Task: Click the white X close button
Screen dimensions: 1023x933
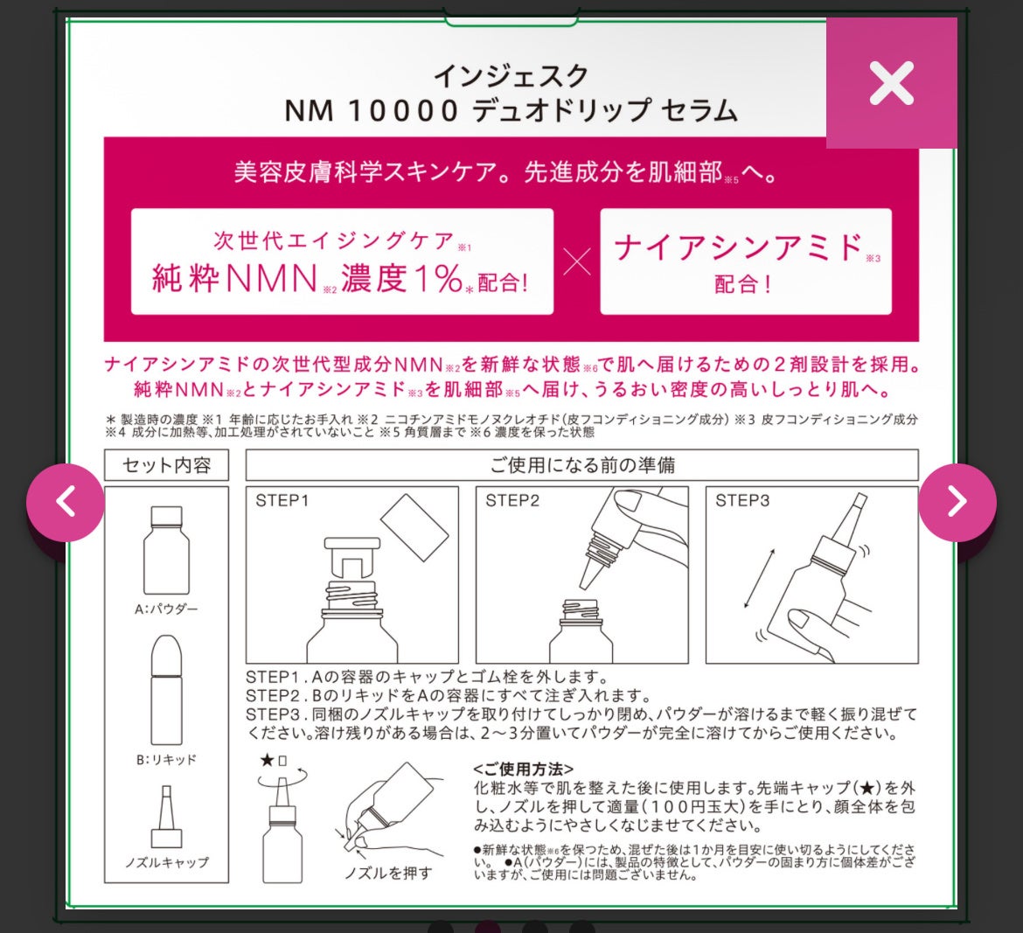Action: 891,83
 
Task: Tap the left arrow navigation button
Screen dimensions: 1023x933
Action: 66,503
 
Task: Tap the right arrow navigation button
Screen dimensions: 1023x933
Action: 957,503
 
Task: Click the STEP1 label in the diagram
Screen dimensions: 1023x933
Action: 282,500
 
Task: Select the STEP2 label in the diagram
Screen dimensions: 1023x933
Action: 512,500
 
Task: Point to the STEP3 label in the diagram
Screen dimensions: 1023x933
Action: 742,500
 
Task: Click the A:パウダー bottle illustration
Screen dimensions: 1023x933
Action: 166,550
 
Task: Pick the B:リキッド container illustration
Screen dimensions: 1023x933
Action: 166,690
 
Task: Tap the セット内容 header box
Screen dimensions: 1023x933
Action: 166,465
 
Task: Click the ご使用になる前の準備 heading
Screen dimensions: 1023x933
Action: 582,465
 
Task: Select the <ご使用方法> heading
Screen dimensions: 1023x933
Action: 523,769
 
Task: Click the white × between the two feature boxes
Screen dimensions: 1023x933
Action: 577,262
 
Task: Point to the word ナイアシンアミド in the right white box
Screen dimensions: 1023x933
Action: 739,248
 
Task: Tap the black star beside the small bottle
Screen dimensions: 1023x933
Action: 267,760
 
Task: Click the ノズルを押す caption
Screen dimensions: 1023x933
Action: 388,873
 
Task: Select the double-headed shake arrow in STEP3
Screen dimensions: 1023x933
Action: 760,579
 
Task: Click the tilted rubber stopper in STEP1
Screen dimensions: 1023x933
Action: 414,527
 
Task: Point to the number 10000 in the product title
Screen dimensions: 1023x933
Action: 402,110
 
